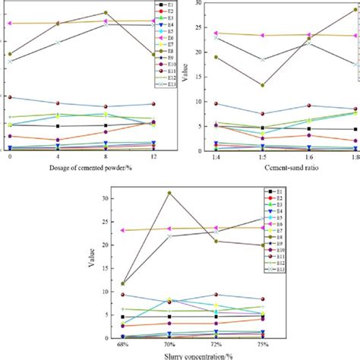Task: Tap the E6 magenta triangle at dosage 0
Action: coord(10,24)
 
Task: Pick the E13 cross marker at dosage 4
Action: coord(58,42)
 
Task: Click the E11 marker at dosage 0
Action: coord(10,97)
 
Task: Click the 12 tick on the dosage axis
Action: coord(153,156)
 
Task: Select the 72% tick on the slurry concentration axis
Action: coord(216,343)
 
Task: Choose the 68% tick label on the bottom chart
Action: coord(122,343)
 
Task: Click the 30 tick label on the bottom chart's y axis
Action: coord(106,197)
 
